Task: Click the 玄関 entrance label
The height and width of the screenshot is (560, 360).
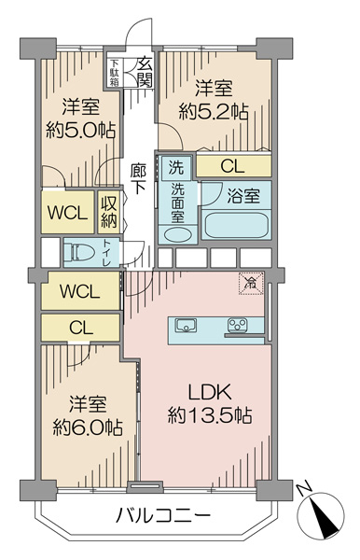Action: coord(145,72)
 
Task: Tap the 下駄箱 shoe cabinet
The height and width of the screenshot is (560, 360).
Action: coord(115,72)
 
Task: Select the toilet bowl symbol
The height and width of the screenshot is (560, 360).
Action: coord(82,253)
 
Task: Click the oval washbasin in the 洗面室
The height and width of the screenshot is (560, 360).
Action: coord(177,235)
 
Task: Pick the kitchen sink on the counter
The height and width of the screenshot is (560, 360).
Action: coord(186,326)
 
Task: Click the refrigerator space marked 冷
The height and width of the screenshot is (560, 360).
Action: coord(251,283)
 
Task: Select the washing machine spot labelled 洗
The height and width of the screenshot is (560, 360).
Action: coord(176,167)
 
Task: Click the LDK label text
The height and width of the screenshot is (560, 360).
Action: coord(211,392)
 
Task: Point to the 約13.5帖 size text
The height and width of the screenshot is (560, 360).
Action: coord(210,415)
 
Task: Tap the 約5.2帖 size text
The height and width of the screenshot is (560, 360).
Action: coord(214,113)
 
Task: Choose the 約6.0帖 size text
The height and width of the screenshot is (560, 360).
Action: coord(88,427)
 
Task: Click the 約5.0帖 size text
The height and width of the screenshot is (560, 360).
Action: coord(80,131)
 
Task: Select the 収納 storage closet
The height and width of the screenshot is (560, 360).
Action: coord(109,212)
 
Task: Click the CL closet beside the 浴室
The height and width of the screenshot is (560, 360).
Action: coord(234,166)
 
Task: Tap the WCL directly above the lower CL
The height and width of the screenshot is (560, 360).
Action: coord(80,290)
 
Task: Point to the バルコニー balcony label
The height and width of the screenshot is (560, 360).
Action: coord(163,516)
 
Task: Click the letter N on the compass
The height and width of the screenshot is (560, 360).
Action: coord(305,489)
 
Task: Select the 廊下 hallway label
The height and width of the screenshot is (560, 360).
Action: coord(138,178)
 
